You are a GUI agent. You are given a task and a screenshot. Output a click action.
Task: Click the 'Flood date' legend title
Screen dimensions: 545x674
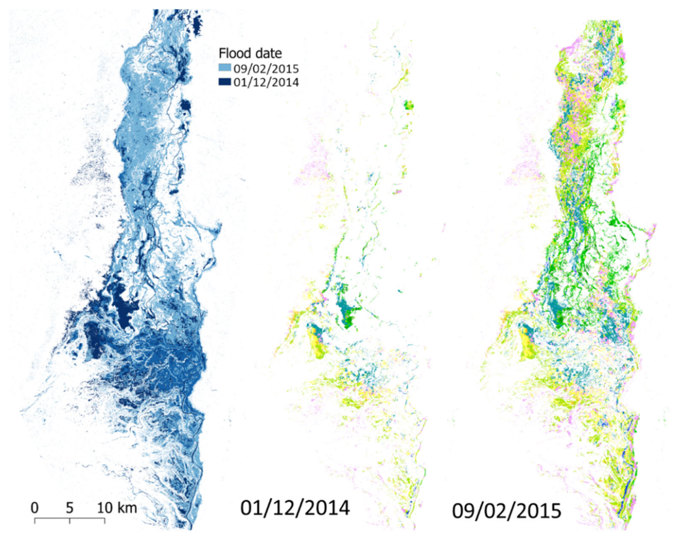tap(250, 53)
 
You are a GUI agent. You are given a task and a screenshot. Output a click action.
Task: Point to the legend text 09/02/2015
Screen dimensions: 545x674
tap(265, 68)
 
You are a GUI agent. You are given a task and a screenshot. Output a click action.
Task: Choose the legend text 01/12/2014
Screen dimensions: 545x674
tap(265, 82)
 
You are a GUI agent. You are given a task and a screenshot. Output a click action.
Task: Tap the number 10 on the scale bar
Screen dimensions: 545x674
tap(105, 508)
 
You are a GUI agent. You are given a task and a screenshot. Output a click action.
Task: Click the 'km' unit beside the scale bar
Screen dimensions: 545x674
tap(127, 508)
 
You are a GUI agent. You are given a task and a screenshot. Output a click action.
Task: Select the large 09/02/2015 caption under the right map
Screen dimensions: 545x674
tap(506, 511)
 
